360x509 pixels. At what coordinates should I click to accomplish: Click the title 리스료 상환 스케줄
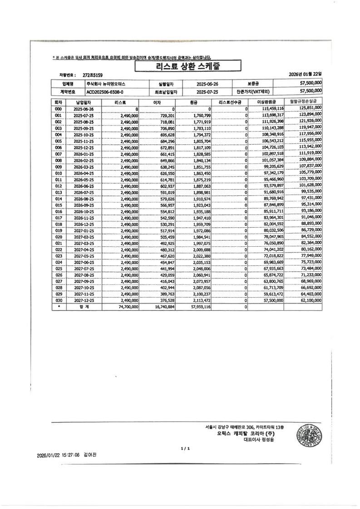click(187, 67)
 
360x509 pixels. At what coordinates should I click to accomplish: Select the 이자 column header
click(157, 103)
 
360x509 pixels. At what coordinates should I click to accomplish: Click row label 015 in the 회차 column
click(58, 205)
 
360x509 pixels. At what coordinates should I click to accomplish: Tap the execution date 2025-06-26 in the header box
click(207, 84)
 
